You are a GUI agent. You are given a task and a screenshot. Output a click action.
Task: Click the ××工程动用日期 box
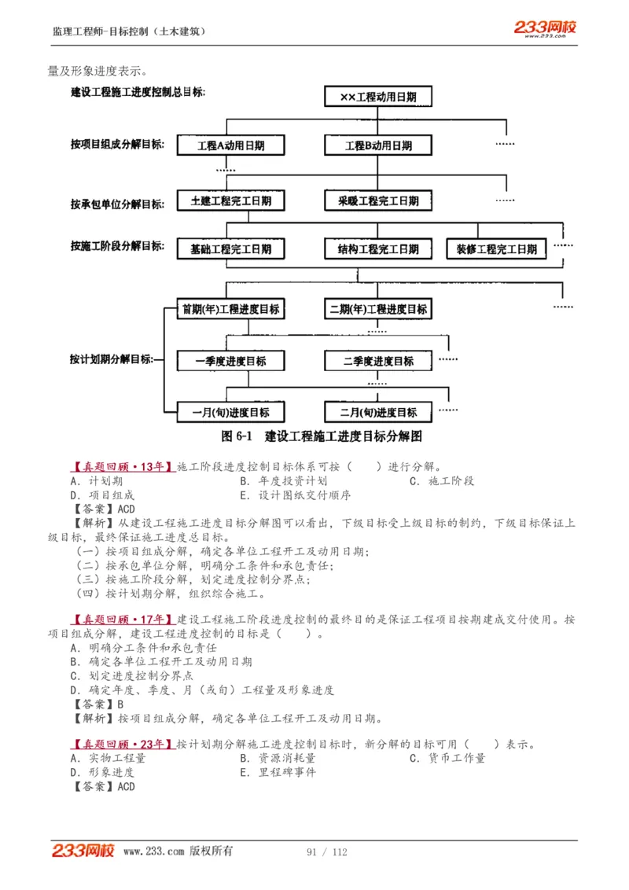[x=378, y=97]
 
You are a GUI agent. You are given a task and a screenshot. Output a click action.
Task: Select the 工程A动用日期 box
[x=230, y=145]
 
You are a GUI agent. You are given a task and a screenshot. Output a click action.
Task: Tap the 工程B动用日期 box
[x=378, y=145]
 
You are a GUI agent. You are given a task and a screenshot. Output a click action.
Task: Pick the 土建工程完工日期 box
[x=230, y=200]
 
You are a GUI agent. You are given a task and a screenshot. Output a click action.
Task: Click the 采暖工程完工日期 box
[x=378, y=200]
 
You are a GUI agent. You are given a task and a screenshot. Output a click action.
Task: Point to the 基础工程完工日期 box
[x=230, y=249]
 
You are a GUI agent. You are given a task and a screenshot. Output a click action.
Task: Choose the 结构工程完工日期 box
[x=378, y=249]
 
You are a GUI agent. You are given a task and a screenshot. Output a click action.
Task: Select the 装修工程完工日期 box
[x=496, y=249]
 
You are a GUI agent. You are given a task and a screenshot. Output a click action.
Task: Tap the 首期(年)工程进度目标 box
[x=230, y=309]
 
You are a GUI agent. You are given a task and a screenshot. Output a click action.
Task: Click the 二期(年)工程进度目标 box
[x=378, y=309]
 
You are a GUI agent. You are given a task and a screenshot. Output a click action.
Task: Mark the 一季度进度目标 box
[x=230, y=361]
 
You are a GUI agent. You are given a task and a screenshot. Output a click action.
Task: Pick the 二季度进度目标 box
[x=378, y=361]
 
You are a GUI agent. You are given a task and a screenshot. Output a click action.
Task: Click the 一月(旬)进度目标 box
[x=230, y=412]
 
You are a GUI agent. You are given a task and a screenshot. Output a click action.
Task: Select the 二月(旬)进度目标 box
[x=378, y=412]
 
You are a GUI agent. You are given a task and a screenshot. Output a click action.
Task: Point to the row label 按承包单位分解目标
[x=117, y=204]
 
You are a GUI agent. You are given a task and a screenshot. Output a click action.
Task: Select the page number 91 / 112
[x=327, y=852]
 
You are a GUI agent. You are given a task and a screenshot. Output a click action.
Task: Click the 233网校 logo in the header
[x=545, y=28]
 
